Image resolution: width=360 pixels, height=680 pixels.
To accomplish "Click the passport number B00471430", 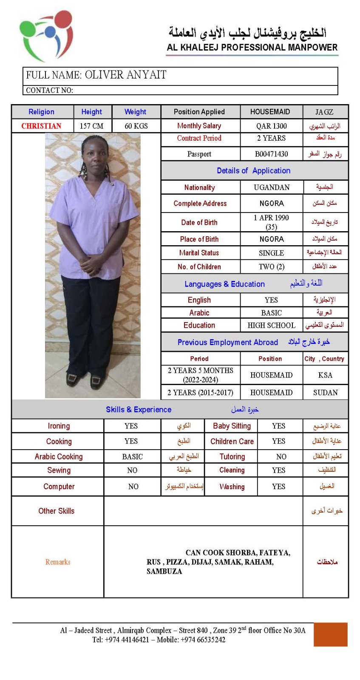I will pos(271,154).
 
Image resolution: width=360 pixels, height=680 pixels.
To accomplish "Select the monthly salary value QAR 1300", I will pos(271,126).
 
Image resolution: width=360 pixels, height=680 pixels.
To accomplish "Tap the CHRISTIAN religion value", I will pos(41,126).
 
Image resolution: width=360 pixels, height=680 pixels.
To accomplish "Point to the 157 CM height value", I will pos(91,126).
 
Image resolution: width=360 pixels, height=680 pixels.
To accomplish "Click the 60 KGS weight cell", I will pos(136,126).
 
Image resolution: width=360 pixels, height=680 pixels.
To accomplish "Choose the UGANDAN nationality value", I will pos(272,187).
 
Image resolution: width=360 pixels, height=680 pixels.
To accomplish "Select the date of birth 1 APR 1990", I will pos(271,218).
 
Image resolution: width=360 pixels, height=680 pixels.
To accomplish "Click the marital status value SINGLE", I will pos(271,253).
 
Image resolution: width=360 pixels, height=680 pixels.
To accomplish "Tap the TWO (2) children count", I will pos(271,267).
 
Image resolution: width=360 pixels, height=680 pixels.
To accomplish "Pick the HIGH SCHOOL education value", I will pos(271,326).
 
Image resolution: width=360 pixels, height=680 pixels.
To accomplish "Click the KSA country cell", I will pos(325,375).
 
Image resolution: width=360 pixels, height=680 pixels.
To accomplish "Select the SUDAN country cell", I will pos(325,393).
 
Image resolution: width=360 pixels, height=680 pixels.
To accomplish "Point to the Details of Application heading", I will pos(253,171).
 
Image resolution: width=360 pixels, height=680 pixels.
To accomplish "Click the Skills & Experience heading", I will pos(139,410).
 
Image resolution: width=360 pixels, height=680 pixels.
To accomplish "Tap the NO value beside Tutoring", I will pos(281,457).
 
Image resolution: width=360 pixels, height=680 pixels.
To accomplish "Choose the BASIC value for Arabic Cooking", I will pos(132,457).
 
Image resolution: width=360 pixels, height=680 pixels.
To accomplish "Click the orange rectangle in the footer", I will pos(330,635).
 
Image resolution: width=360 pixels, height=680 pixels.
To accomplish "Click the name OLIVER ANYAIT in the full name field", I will pos(125,75).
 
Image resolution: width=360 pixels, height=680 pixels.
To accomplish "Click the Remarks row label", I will pos(58,562).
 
